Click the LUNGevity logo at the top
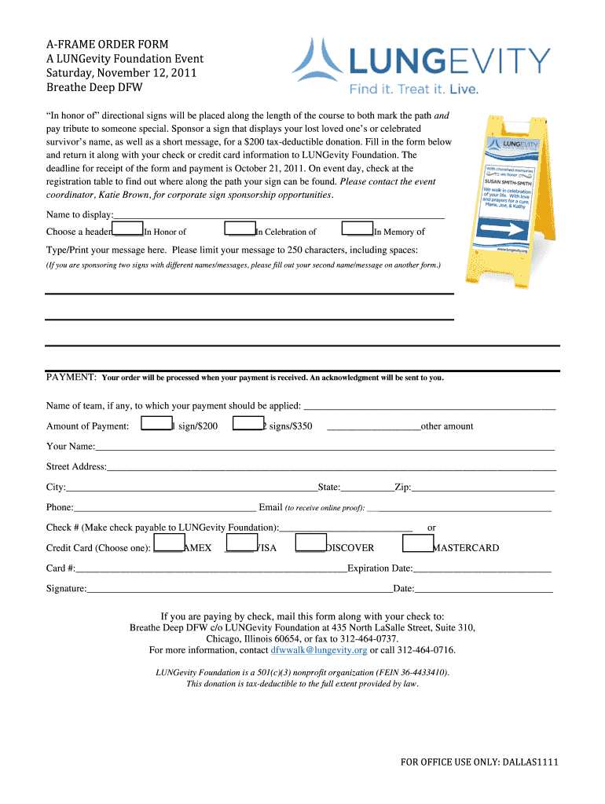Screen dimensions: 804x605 (x=421, y=67)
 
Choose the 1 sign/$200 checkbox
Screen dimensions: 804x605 (x=156, y=424)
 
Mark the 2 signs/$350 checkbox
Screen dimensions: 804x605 (x=247, y=424)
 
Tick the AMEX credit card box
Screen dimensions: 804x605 (x=169, y=543)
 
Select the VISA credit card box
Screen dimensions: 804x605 (x=241, y=543)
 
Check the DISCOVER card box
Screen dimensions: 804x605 (x=310, y=543)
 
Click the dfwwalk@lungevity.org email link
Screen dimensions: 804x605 (x=319, y=650)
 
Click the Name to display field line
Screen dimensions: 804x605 (x=279, y=214)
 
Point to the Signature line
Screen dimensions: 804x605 (x=240, y=588)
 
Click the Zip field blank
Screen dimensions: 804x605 (x=482, y=487)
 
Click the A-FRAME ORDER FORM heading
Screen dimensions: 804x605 (x=108, y=44)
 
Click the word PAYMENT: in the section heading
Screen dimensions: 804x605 (x=71, y=377)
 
